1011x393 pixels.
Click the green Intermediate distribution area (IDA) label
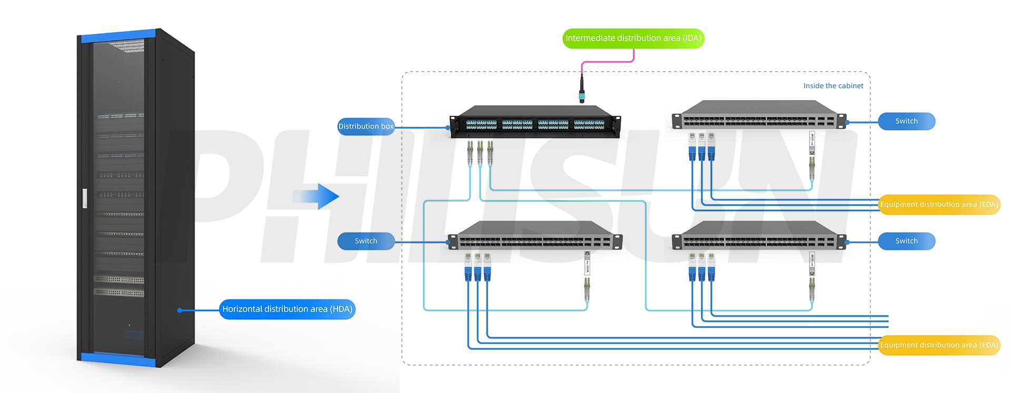pos(633,38)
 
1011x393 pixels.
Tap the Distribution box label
pos(366,126)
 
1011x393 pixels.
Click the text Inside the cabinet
pos(833,86)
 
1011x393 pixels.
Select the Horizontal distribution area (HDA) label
pos(287,309)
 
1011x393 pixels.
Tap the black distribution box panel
pos(534,125)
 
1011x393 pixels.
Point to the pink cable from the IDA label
pos(606,62)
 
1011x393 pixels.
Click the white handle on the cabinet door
pos(85,198)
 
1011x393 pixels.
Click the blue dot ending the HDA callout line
pos(180,310)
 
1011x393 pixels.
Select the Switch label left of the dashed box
pos(366,241)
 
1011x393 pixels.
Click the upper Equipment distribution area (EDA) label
pos(939,205)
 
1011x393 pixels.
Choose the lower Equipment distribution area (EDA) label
pos(939,345)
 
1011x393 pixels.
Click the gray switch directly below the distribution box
pos(534,236)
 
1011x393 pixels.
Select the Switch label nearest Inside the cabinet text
pos(906,121)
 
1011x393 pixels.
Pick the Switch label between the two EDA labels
pos(906,241)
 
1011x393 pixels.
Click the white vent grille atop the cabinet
pos(128,46)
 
